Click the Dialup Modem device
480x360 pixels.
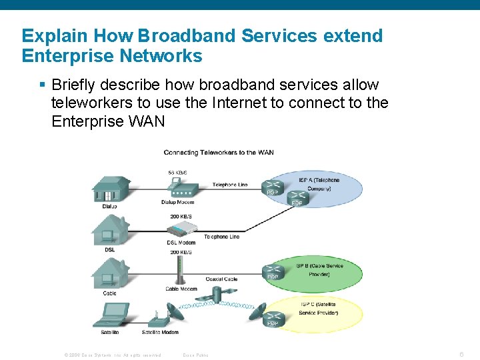pyautogui.click(x=177, y=189)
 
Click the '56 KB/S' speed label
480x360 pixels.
pyautogui.click(x=177, y=173)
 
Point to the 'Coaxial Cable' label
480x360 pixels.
pyautogui.click(x=221, y=279)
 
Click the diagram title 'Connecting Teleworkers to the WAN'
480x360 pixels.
pyautogui.click(x=219, y=153)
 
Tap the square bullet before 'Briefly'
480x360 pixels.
pyautogui.click(x=42, y=85)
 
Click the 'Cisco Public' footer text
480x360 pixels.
pyautogui.click(x=195, y=355)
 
